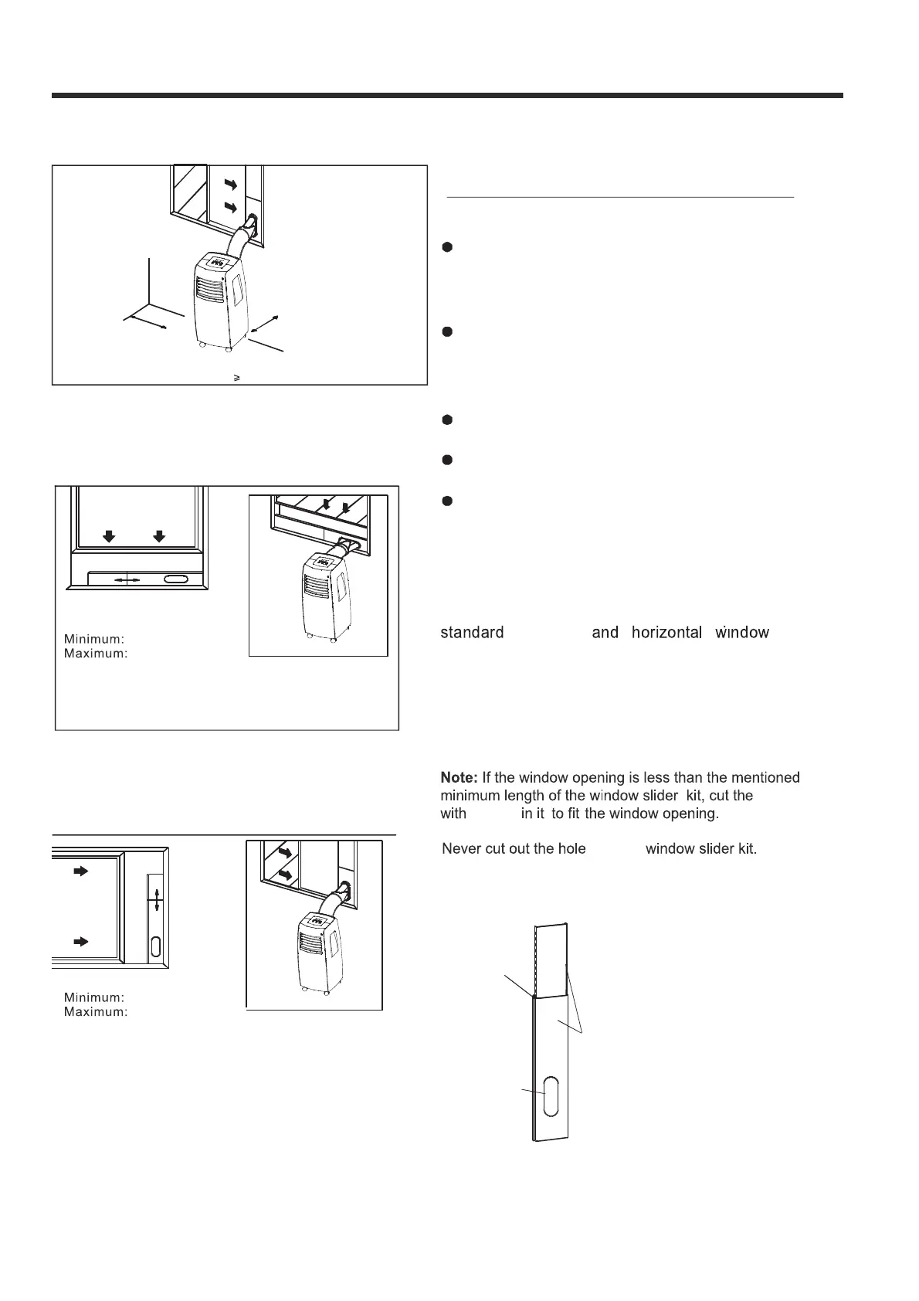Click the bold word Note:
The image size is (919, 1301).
(459, 778)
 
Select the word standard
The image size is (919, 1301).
(472, 633)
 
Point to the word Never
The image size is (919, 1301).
(461, 849)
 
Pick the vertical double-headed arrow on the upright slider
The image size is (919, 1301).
(157, 900)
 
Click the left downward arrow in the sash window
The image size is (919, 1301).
(110, 537)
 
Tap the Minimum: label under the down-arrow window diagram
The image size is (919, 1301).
(94, 639)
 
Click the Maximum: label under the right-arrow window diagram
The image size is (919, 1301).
(95, 1012)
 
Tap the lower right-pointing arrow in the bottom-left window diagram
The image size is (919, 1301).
(81, 942)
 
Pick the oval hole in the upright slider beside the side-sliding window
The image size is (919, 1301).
(157, 946)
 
